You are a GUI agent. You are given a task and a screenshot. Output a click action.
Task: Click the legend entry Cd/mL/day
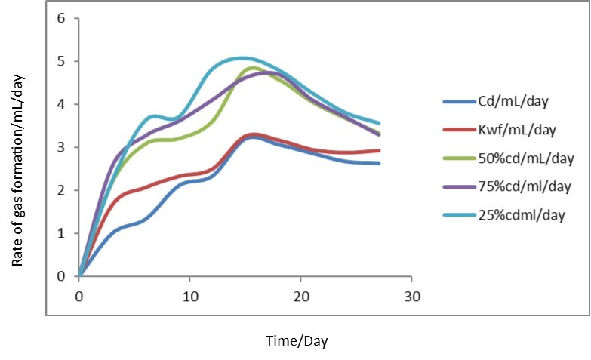pyautogui.click(x=514, y=101)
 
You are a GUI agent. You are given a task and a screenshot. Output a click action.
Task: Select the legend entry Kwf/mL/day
pyautogui.click(x=516, y=130)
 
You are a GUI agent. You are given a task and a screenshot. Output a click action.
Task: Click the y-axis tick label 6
pyautogui.click(x=62, y=18)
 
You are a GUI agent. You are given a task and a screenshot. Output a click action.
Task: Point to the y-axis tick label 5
pyautogui.click(x=62, y=61)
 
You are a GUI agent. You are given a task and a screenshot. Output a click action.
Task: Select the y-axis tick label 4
pyautogui.click(x=62, y=104)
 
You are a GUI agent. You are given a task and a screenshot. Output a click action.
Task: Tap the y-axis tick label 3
pyautogui.click(x=62, y=147)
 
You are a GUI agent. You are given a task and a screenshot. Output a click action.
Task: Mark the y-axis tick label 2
pyautogui.click(x=62, y=190)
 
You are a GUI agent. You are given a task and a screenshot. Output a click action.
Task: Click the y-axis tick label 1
pyautogui.click(x=62, y=233)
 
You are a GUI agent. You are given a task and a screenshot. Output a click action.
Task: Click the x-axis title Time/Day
pyautogui.click(x=297, y=341)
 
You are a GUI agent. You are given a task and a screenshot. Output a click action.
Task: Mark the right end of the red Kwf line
pyautogui.click(x=378, y=150)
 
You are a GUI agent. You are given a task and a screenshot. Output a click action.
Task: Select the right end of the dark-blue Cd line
pyautogui.click(x=378, y=163)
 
